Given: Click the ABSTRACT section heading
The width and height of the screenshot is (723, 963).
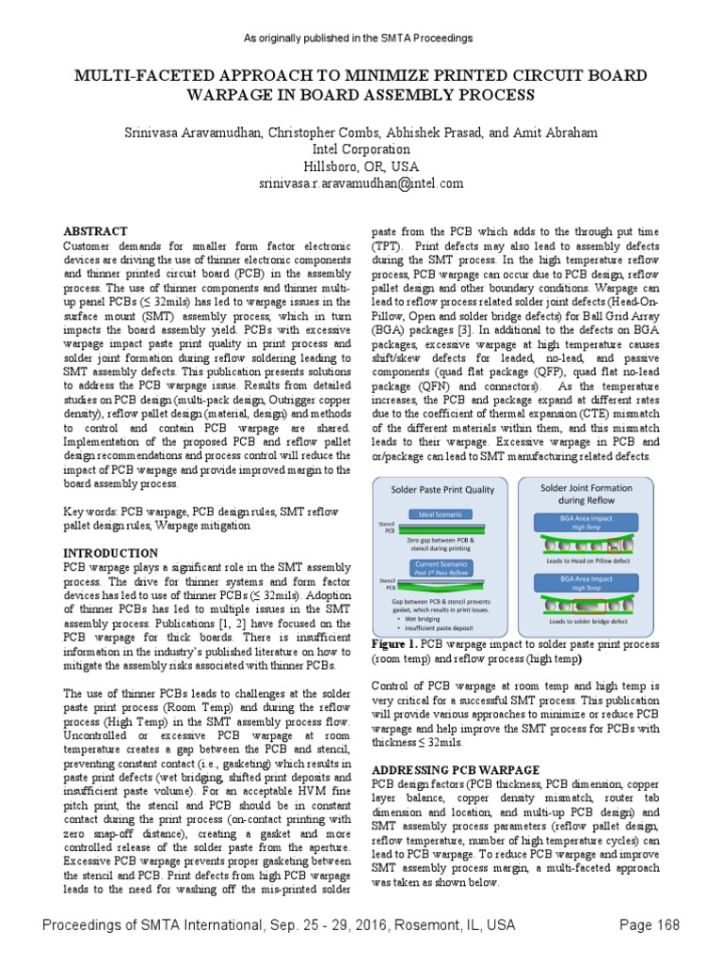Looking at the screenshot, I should click(94, 230).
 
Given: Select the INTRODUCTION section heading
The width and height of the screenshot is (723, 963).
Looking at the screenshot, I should click(110, 553).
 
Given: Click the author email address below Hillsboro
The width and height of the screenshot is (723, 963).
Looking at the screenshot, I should click(361, 183).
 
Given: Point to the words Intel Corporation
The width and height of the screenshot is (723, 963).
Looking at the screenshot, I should click(361, 150).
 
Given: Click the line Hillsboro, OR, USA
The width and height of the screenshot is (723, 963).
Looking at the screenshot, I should click(361, 166).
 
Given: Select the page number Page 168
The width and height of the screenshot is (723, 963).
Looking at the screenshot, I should click(649, 925).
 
